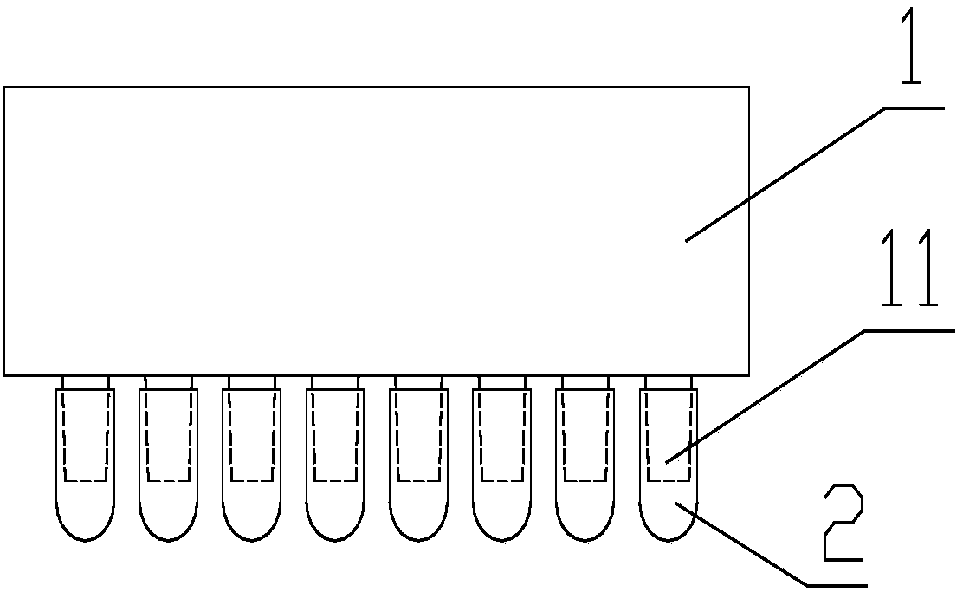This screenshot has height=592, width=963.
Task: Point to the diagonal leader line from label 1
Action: point(785,174)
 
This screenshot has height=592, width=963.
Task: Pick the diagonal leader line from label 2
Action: point(748,546)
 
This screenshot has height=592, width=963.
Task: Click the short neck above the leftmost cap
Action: point(86,382)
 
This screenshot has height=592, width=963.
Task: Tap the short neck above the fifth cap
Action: point(418,382)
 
